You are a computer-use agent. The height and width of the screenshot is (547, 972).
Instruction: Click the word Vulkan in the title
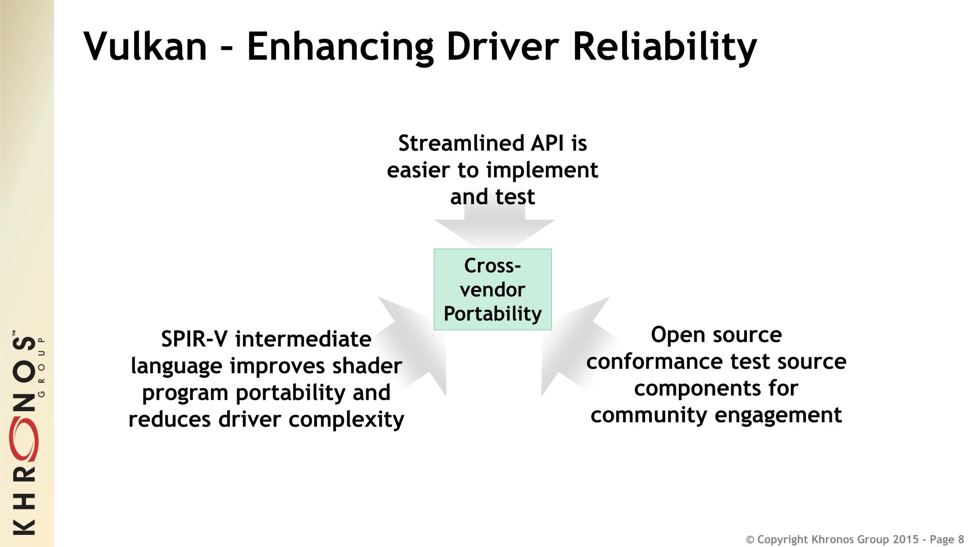point(146,47)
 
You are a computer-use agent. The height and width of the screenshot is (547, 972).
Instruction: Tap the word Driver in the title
point(502,47)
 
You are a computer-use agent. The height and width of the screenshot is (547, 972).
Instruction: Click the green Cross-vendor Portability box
point(493,290)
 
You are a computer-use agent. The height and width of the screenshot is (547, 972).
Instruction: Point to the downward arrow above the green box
point(495,226)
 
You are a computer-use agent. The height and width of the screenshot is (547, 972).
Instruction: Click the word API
point(547,143)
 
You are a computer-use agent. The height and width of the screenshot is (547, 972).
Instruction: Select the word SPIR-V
point(195,339)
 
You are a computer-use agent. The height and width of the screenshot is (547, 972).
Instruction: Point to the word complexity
point(346,420)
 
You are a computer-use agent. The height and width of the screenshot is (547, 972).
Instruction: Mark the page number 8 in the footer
point(961,539)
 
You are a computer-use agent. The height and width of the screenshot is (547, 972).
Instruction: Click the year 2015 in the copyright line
point(906,539)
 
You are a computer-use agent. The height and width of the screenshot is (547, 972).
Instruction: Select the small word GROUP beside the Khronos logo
point(42,365)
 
